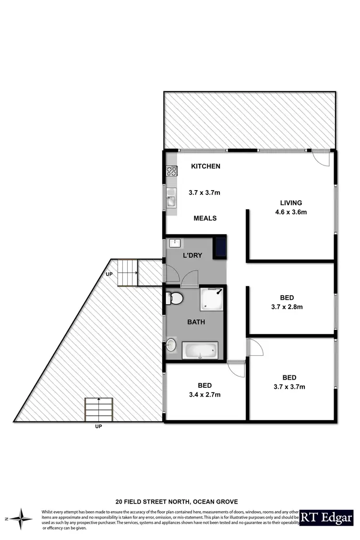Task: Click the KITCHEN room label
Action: coord(205,167)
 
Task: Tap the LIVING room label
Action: coord(288,203)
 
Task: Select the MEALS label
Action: coord(205,218)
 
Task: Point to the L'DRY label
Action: coord(192,255)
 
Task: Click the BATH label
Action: coord(196,322)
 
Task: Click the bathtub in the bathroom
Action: coord(201,350)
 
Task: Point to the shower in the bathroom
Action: coord(212,299)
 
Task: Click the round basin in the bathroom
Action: coord(171,344)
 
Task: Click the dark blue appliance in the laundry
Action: coord(220,246)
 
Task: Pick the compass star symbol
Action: coord(20,518)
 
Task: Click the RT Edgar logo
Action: coord(326,517)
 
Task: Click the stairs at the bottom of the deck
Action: coord(99,409)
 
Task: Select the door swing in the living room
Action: coord(321,158)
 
